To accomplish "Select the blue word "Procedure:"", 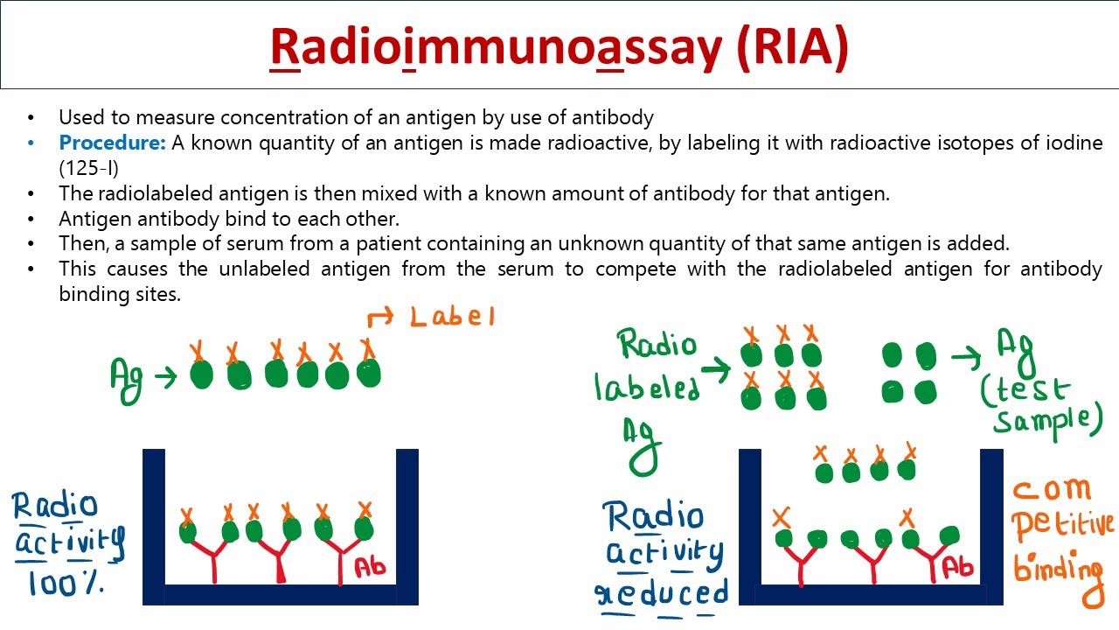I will pyautogui.click(x=112, y=143).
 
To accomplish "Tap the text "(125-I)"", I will pyautogui.click(x=89, y=167).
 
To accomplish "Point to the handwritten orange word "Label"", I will pyautogui.click(x=452, y=316).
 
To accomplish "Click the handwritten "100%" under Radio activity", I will pyautogui.click(x=66, y=582).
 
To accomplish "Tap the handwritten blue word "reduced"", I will pyautogui.click(x=662, y=593).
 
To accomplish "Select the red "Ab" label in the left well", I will pyautogui.click(x=370, y=568).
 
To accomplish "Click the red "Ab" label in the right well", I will pyautogui.click(x=958, y=568).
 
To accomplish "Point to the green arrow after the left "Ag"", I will pyautogui.click(x=164, y=377).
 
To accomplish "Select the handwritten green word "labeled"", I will pyautogui.click(x=647, y=388).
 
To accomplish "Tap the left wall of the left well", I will pyautogui.click(x=154, y=525).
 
